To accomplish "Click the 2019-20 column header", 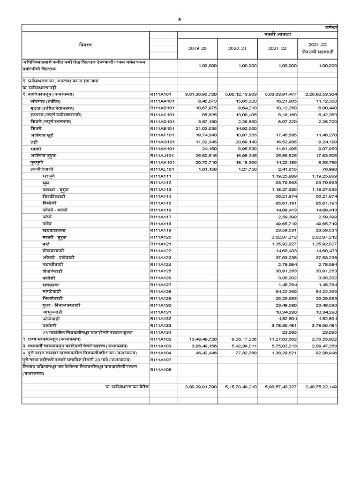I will point(197,48).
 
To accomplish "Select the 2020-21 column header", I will point(237,48).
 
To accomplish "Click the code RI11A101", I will point(162,94).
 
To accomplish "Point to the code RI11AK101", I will point(163,161).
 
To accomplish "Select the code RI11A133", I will point(162,325).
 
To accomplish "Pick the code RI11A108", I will point(162,369).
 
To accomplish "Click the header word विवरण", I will point(85,45).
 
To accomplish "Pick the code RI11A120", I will point(162,238).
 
